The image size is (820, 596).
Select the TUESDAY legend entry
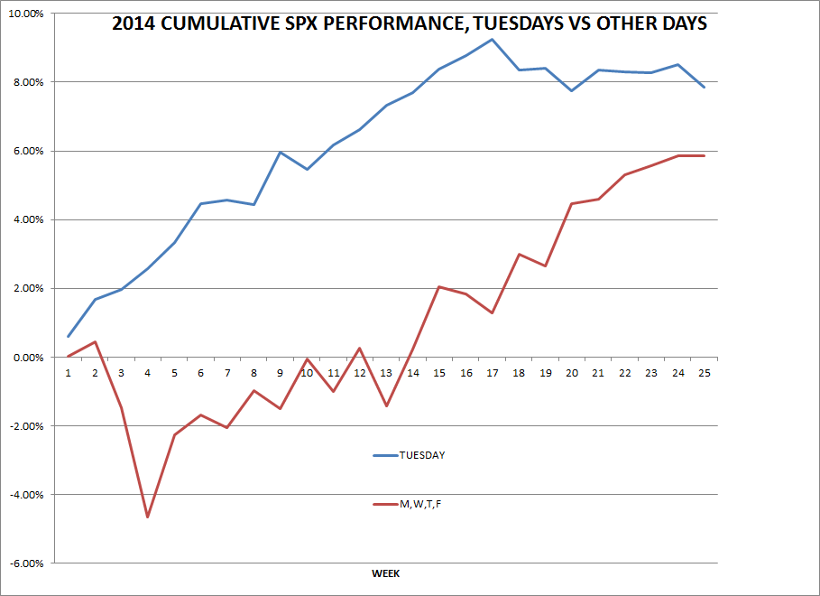pos(421,455)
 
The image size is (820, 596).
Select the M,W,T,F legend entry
pos(420,504)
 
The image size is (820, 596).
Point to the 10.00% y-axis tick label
pos(29,14)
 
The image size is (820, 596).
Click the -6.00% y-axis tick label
pos(29,563)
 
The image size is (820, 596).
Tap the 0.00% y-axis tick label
pos(32,358)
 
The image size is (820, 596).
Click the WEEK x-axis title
pos(386,573)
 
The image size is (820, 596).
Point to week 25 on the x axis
pos(703,373)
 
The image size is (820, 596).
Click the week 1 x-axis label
pos(69,373)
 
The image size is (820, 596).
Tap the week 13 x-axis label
pos(386,373)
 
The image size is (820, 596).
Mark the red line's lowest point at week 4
pos(148,517)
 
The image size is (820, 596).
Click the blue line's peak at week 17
pos(492,39)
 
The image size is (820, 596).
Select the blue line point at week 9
pos(281,152)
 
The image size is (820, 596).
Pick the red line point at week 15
pos(438,286)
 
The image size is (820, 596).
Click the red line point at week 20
pos(571,203)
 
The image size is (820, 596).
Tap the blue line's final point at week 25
pos(704,87)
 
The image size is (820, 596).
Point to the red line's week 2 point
pos(95,341)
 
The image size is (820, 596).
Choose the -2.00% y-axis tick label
pos(29,426)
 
